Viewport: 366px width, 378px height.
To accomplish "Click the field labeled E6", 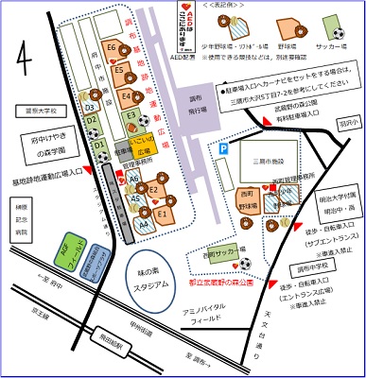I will [x=112, y=47].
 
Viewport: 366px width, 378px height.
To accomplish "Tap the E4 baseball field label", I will [x=127, y=95].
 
